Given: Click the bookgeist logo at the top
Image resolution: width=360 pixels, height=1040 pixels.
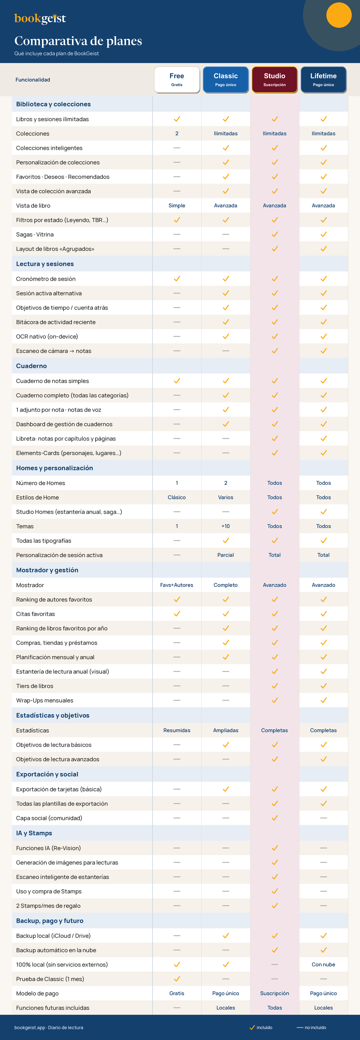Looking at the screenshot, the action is point(40,19).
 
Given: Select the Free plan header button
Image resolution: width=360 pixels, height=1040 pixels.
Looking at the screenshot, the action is point(177,80).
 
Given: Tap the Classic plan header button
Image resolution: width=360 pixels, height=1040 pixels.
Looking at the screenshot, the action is point(226,80).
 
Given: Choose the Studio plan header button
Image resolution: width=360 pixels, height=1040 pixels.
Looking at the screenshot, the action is point(274,80).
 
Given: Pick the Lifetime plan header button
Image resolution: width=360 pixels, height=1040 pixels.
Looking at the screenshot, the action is point(323,80).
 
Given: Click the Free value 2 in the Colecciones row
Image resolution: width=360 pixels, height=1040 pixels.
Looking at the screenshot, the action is point(177,133).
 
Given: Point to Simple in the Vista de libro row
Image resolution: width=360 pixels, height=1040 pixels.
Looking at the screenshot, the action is point(177,205).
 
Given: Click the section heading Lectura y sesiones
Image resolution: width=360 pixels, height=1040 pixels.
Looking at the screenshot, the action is point(45,264).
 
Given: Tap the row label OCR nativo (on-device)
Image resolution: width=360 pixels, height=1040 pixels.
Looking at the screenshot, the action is point(47,336).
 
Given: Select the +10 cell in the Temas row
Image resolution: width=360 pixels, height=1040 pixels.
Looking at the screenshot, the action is point(226,526).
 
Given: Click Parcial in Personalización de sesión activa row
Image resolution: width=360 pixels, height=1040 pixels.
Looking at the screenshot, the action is point(226,555).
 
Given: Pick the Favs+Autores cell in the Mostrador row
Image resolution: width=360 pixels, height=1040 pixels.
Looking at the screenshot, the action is point(177,585).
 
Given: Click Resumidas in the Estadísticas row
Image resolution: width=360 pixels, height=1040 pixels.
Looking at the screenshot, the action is point(177,730).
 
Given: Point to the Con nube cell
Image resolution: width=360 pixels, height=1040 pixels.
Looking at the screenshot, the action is point(323,965).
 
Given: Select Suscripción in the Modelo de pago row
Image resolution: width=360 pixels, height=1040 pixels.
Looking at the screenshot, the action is point(274,993).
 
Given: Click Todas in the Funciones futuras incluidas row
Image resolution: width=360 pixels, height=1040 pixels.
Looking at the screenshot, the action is point(274,1008).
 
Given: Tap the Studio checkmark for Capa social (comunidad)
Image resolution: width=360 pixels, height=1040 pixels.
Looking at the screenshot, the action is point(274,818).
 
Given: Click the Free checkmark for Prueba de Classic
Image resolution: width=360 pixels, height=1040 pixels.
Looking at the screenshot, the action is point(177,979).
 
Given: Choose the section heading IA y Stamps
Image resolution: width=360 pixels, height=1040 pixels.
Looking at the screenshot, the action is point(34,833).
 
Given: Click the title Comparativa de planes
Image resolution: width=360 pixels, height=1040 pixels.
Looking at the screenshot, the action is point(78,41).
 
